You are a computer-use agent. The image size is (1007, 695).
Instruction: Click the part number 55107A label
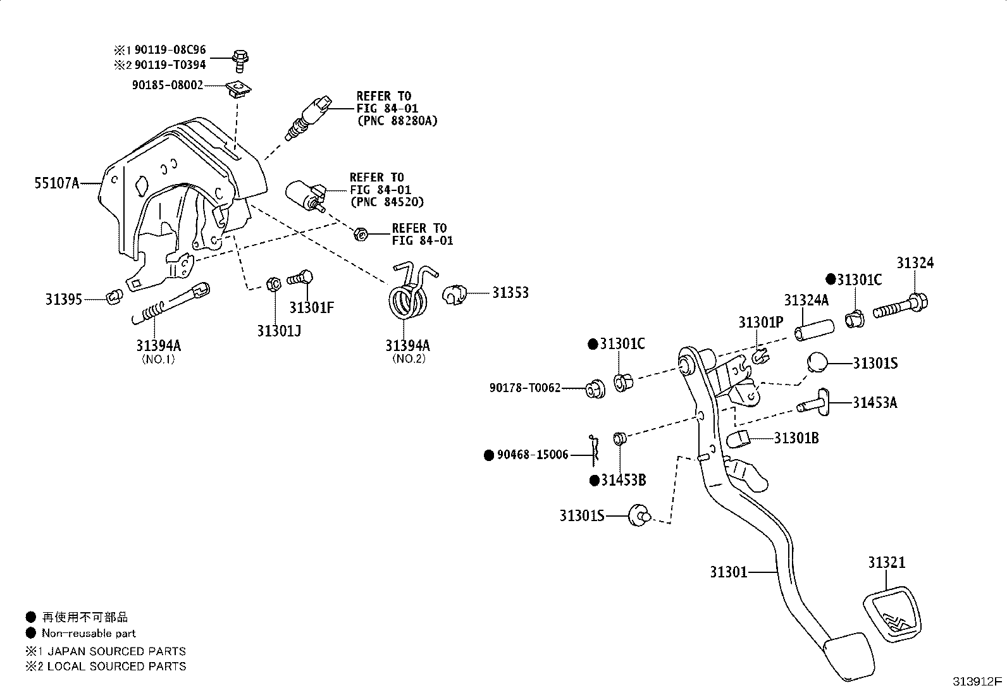(x=56, y=184)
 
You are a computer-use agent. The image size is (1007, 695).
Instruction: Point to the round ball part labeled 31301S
(x=818, y=364)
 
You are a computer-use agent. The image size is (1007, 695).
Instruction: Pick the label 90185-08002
(x=168, y=84)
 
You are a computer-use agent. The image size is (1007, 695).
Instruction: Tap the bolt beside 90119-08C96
(x=240, y=59)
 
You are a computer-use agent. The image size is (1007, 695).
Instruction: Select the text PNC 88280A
(x=397, y=120)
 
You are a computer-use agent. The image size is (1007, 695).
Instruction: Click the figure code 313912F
(x=977, y=682)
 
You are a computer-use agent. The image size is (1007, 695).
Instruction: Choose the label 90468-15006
(x=532, y=455)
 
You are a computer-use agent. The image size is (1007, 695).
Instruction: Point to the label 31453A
(x=874, y=402)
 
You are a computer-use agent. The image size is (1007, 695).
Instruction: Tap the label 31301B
(x=796, y=438)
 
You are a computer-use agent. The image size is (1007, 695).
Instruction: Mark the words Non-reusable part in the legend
(x=89, y=633)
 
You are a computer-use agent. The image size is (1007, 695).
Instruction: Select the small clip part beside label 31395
(x=114, y=296)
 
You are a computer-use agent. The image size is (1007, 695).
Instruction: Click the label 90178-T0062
(x=524, y=388)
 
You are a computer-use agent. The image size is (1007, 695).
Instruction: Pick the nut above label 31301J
(x=274, y=284)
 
